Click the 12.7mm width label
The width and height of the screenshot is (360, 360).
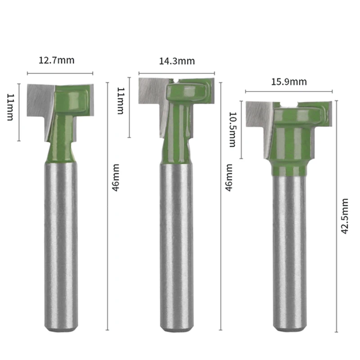[59, 60]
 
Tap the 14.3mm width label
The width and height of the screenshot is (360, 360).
[177, 61]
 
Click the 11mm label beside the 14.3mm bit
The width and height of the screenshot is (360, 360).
[120, 101]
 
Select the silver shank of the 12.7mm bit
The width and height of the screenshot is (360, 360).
[61, 243]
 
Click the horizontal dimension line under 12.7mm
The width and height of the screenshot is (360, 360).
[60, 73]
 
